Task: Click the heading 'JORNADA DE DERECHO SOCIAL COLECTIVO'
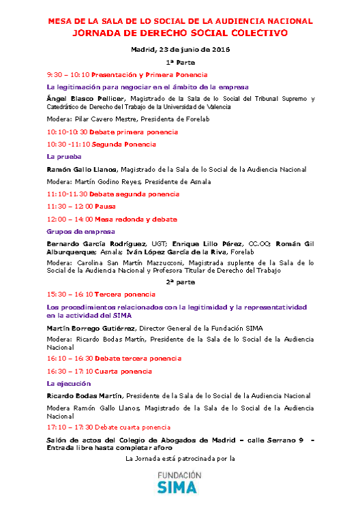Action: pos(180,33)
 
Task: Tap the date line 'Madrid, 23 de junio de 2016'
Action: pos(180,49)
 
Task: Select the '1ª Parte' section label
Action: pos(180,61)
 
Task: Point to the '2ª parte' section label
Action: pos(180,282)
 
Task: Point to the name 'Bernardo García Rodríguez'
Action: pos(91,243)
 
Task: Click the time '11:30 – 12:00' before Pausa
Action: pos(70,207)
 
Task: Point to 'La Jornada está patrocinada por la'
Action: pos(180,458)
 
